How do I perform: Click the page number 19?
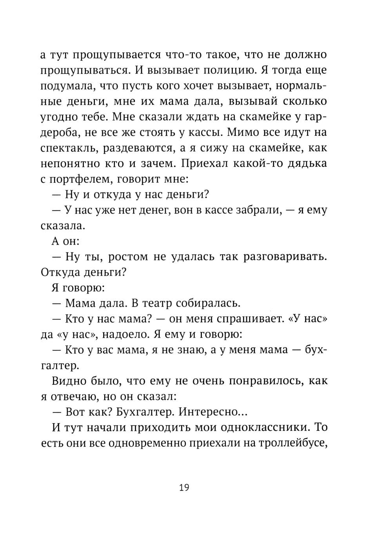[x=184, y=488]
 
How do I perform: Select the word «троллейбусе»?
[x=291, y=443]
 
